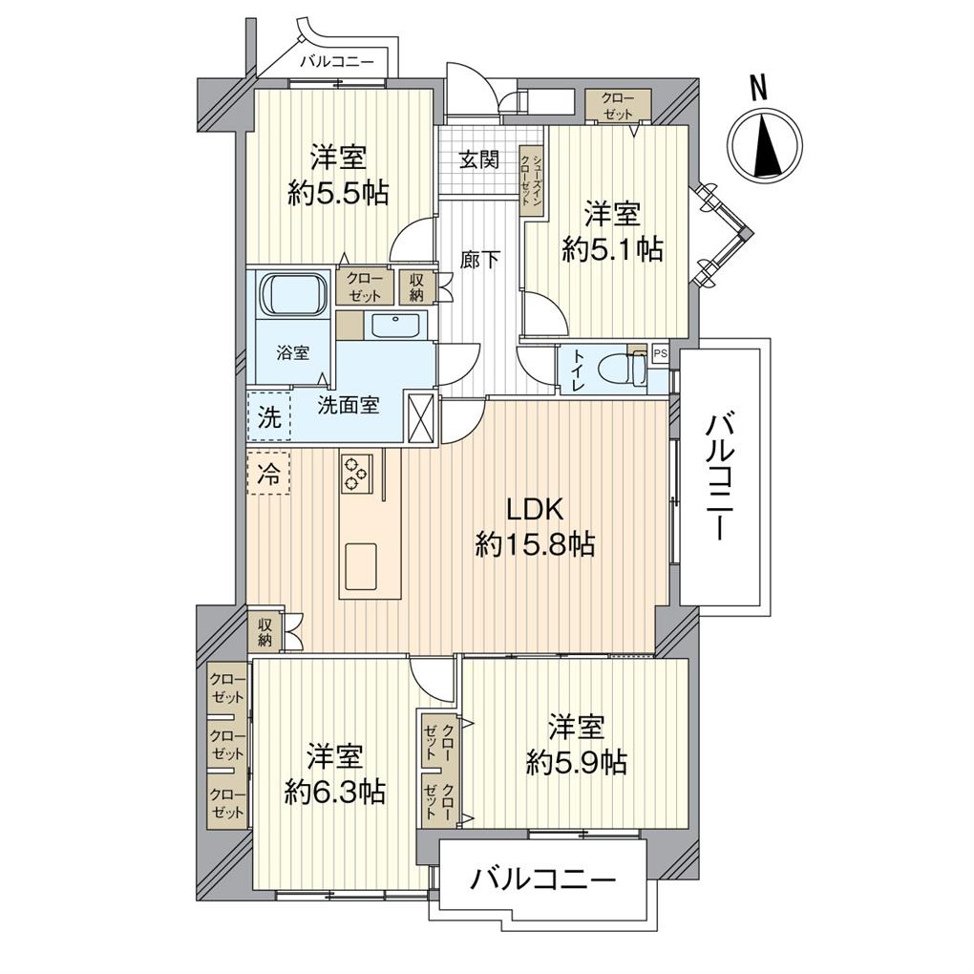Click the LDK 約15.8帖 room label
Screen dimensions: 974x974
(x=535, y=527)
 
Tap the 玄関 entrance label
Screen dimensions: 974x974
(x=479, y=159)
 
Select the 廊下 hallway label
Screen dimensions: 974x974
(x=480, y=259)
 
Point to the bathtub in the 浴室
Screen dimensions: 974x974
(x=294, y=294)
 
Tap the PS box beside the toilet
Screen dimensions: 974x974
(x=660, y=353)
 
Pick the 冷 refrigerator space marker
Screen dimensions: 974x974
(x=268, y=475)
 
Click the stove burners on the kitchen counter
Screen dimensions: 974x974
(x=356, y=474)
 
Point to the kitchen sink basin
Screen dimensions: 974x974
(x=361, y=566)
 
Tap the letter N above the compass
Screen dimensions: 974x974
(x=758, y=88)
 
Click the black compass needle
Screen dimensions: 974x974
(x=769, y=148)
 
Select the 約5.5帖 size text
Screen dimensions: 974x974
(x=339, y=194)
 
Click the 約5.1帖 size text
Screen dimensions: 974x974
(x=612, y=250)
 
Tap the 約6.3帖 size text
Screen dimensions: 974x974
(x=335, y=792)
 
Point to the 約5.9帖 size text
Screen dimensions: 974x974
(x=576, y=762)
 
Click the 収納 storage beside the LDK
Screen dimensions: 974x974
(x=265, y=632)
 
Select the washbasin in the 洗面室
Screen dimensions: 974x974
(x=395, y=326)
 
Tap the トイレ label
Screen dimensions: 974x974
(x=578, y=371)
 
